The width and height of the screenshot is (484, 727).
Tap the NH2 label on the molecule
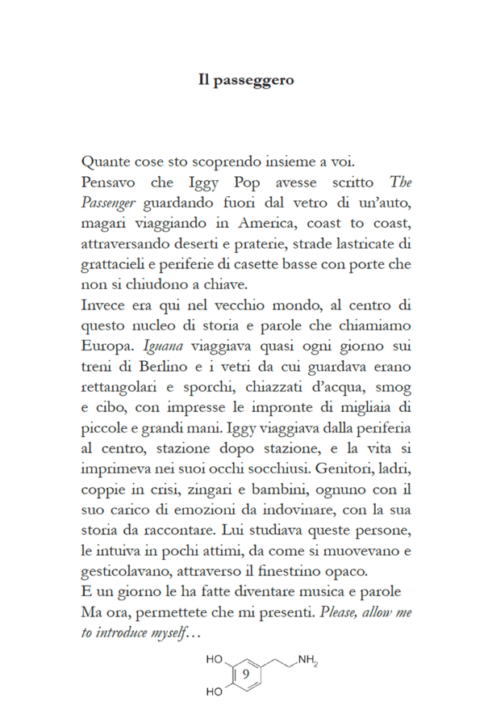(x=307, y=661)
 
